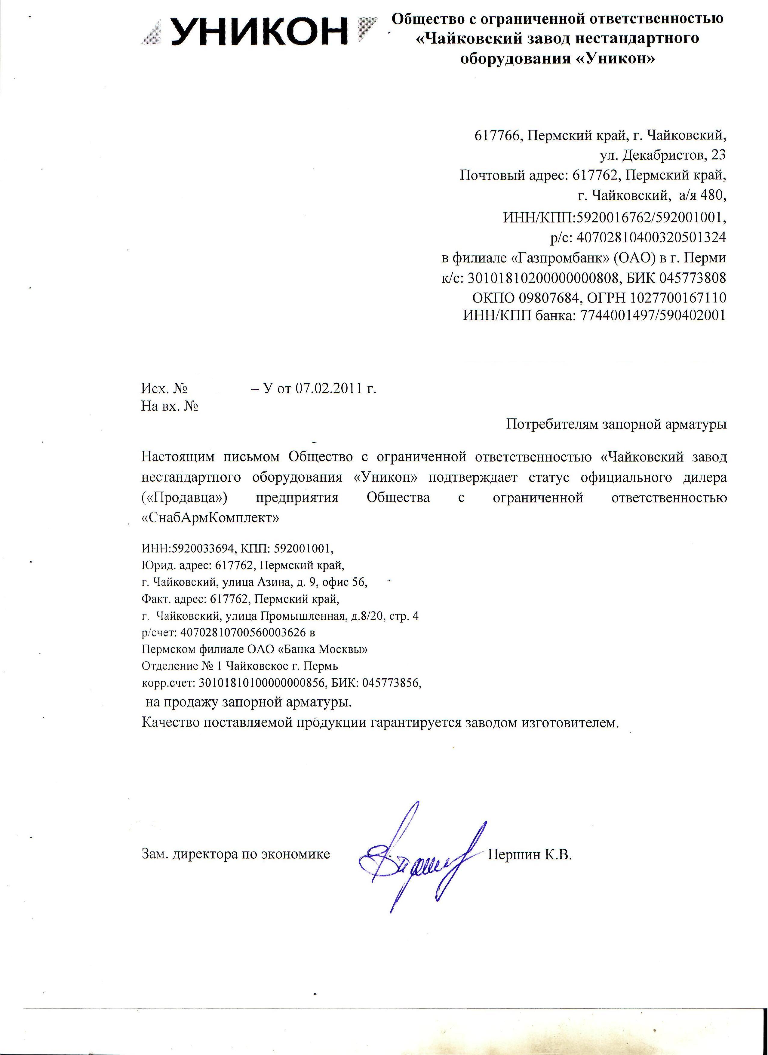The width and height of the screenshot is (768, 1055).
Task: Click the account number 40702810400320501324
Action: [x=651, y=237]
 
